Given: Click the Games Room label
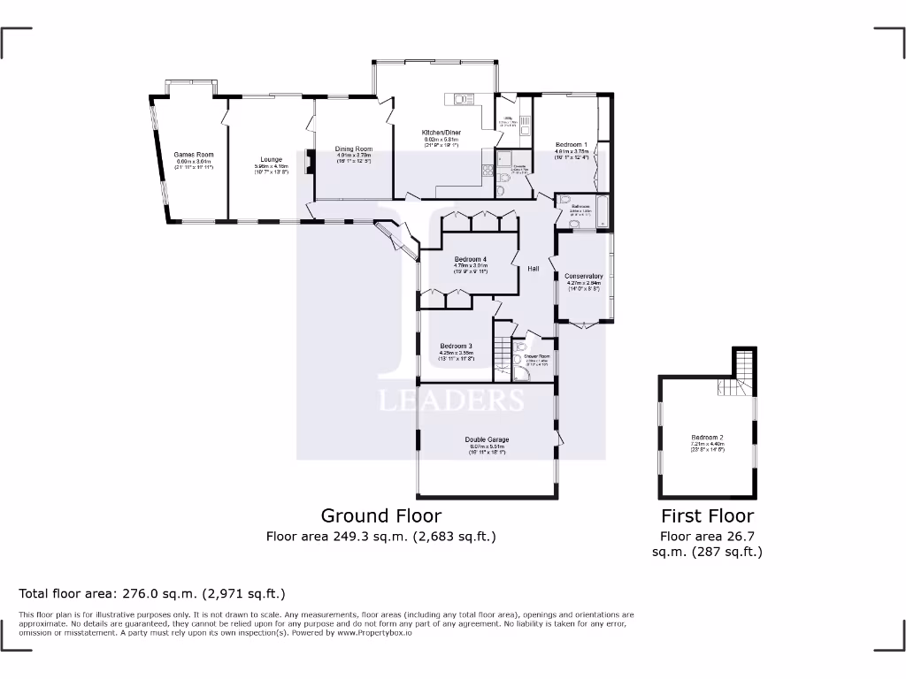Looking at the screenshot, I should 195,155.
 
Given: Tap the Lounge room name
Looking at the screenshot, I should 271,159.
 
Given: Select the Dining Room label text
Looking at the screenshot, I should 353,149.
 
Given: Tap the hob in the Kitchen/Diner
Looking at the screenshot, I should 487,169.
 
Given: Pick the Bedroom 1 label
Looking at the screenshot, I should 571,144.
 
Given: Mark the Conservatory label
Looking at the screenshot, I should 583,276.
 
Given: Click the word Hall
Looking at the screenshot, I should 534,269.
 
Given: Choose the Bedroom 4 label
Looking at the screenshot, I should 471,259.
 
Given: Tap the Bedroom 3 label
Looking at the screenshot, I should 457,346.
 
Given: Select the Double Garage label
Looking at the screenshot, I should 487,439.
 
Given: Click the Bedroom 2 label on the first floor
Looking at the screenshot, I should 708,438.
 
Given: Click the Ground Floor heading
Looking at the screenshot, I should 380,515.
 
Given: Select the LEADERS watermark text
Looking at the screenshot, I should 451,401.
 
